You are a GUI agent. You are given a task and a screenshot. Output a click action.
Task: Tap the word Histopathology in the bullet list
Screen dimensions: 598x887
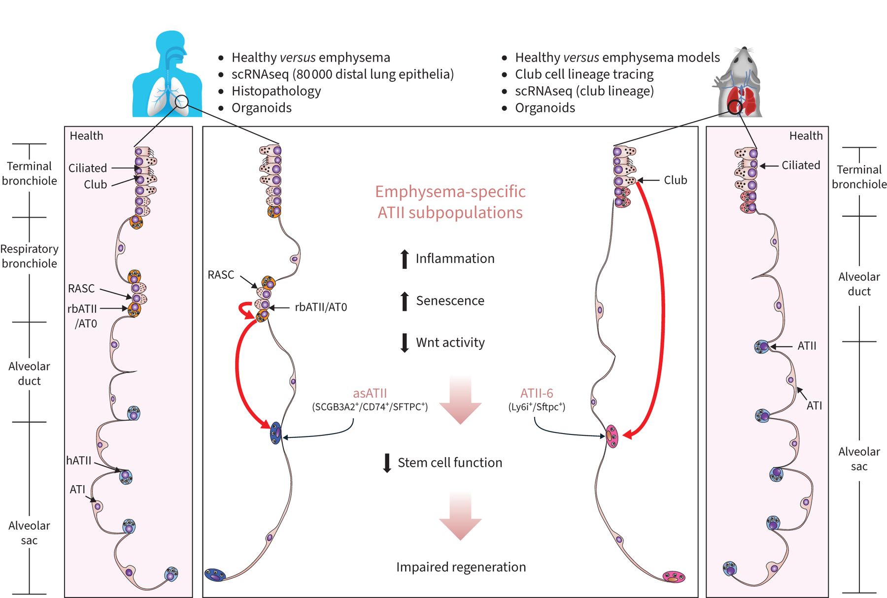pyautogui.click(x=276, y=91)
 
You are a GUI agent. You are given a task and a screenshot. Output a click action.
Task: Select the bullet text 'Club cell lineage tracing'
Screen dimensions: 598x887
pyautogui.click(x=584, y=74)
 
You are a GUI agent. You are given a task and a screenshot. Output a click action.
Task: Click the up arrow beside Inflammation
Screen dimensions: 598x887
pyautogui.click(x=405, y=259)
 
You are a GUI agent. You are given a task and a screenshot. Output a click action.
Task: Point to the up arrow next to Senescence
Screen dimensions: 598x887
pyautogui.click(x=405, y=301)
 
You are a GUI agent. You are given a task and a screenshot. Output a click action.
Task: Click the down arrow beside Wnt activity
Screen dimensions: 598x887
pyautogui.click(x=405, y=343)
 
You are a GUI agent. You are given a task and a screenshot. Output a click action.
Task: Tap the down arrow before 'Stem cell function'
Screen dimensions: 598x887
pyautogui.click(x=387, y=463)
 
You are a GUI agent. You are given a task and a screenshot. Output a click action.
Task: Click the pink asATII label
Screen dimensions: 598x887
pyautogui.click(x=370, y=393)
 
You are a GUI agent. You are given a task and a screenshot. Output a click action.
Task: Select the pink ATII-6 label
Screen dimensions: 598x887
pyautogui.click(x=537, y=393)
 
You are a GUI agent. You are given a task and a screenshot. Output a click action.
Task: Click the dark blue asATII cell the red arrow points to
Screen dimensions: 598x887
pyautogui.click(x=276, y=433)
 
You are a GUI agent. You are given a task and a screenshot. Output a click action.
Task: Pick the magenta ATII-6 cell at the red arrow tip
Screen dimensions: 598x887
pyautogui.click(x=612, y=436)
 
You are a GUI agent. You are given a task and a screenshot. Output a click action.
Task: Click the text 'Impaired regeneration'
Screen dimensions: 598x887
pyautogui.click(x=461, y=567)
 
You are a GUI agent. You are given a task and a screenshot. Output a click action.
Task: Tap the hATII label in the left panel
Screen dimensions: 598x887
pyautogui.click(x=79, y=461)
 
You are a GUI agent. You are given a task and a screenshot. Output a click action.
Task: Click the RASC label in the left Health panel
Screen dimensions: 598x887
pyautogui.click(x=81, y=289)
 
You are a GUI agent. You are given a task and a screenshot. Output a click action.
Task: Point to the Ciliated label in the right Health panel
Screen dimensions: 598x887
pyautogui.click(x=801, y=166)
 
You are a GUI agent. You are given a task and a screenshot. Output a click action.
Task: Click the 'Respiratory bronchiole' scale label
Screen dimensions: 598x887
pyautogui.click(x=30, y=256)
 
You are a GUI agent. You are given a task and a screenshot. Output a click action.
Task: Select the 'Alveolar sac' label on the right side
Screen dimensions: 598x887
pyautogui.click(x=859, y=459)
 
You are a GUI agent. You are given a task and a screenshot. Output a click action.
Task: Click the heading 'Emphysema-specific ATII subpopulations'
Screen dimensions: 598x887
pyautogui.click(x=450, y=202)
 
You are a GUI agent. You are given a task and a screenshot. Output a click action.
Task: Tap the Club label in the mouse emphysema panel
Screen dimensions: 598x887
pyautogui.click(x=675, y=180)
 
